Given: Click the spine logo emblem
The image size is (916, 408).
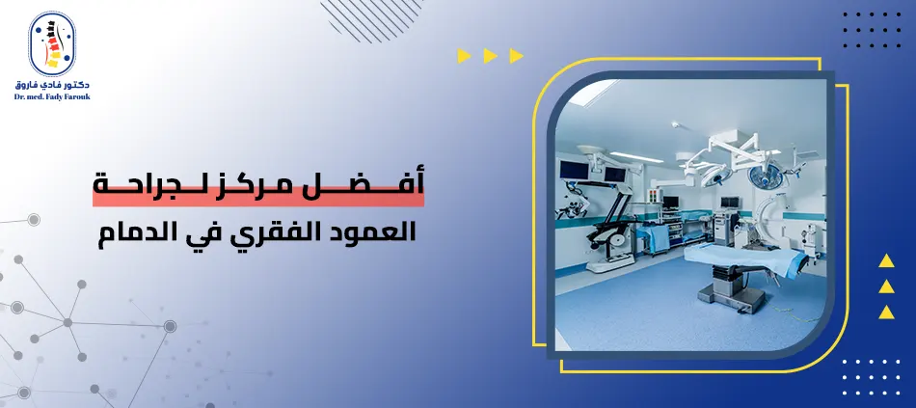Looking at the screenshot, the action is (x=52, y=43).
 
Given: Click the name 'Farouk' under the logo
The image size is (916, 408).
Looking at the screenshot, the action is (x=74, y=97).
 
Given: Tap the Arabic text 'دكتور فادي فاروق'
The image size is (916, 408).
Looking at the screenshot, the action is (x=52, y=85).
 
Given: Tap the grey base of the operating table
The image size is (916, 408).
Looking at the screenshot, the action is (x=731, y=291).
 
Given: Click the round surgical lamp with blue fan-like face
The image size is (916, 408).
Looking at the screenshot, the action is (x=766, y=176).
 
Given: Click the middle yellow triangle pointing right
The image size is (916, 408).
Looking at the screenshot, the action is (x=490, y=56).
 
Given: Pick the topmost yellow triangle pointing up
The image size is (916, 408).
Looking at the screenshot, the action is (x=886, y=261).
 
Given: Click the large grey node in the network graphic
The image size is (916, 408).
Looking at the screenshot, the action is (x=170, y=326).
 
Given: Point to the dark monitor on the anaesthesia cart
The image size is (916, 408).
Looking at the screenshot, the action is (x=730, y=203).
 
